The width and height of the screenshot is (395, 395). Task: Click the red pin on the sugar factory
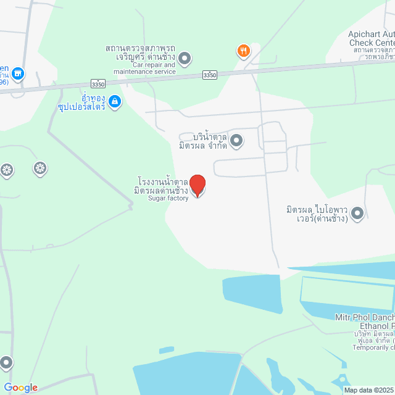[x=197, y=185]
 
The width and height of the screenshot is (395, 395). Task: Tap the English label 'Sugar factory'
[x=168, y=199]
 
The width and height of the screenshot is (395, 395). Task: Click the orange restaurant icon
[x=244, y=51]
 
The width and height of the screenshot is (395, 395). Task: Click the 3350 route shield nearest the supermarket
[x=97, y=82]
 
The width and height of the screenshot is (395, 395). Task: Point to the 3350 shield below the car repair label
[x=210, y=75]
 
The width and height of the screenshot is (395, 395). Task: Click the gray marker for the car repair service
[x=185, y=58]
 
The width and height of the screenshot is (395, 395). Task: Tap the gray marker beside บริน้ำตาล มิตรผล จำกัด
[x=236, y=141]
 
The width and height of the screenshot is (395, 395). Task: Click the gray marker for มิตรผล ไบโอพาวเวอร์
[x=357, y=213]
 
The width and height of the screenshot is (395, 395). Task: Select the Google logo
[x=20, y=388]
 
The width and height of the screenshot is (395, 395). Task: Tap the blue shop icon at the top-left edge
[x=17, y=74]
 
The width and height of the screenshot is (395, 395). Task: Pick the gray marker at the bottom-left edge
[x=6, y=362]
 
